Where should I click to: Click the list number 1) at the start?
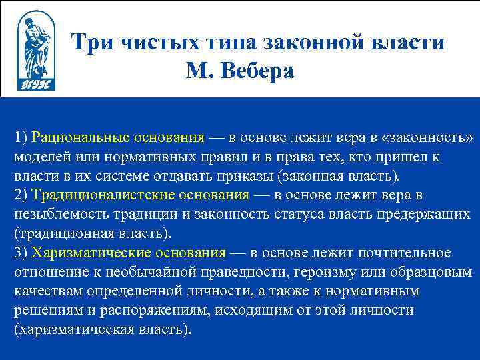tap(21, 138)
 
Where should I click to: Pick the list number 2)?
tap(21, 195)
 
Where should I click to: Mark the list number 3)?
tap(21, 253)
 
